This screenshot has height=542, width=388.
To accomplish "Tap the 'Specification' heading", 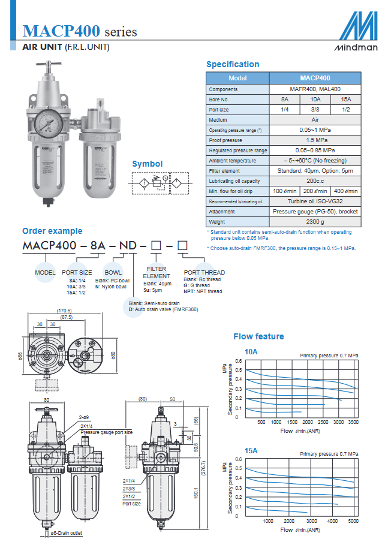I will click(233, 64).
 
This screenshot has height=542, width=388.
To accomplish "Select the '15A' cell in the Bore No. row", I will click(345, 99).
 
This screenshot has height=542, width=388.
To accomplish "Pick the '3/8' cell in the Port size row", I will click(315, 109).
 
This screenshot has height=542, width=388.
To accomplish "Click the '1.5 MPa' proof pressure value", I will click(315, 140).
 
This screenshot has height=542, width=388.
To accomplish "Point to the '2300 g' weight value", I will click(315, 221).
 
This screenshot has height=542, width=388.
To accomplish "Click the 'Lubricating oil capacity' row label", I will click(233, 180).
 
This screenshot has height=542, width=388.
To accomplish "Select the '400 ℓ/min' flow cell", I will click(346, 191).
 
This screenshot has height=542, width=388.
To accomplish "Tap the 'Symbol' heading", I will click(147, 164).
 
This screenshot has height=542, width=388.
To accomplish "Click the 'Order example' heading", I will click(52, 231).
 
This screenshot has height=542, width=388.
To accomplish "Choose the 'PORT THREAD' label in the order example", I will click(204, 272).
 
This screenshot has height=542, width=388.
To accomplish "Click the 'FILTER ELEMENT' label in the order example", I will click(157, 272).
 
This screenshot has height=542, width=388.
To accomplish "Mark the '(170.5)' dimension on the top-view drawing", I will click(65, 311).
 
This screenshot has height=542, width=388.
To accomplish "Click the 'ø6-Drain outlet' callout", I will click(66, 532).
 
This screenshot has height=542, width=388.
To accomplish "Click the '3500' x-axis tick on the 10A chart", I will click(353, 422).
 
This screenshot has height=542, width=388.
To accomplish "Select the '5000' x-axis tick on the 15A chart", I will click(353, 521).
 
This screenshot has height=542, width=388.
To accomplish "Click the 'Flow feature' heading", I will click(258, 336).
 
